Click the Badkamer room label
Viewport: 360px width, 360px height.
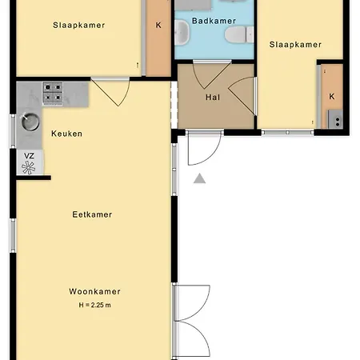tap(214, 21)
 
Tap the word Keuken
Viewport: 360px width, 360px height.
tap(66, 134)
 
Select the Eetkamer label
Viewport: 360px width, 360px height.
tap(92, 214)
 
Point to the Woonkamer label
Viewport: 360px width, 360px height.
tap(94, 291)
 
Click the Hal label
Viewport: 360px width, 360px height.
tap(213, 98)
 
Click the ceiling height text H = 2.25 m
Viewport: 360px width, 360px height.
tap(94, 305)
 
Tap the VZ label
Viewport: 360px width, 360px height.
tap(29, 156)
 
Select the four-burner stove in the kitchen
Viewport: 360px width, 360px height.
tap(53, 94)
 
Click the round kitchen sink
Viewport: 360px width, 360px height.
tap(30, 122)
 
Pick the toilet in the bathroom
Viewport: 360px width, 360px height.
tap(239, 34)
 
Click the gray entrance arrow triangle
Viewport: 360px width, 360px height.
tap(199, 178)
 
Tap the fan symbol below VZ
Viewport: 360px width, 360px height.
tap(28, 168)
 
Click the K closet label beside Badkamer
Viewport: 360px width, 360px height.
tap(158, 25)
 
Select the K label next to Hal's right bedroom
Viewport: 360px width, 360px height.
tap(332, 96)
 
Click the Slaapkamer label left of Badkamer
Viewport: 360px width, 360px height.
tap(79, 25)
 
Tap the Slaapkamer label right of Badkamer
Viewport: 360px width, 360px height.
tap(295, 44)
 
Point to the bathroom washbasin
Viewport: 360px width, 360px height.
tap(182, 32)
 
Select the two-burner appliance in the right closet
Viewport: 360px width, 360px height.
tap(335, 119)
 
